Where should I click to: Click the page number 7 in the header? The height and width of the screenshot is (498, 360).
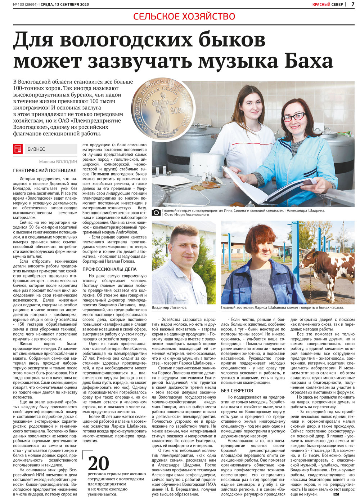(x=353, y=4)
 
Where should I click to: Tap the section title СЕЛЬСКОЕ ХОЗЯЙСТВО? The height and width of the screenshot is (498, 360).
(x=184, y=16)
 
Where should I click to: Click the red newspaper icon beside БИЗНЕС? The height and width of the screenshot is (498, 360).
(x=18, y=149)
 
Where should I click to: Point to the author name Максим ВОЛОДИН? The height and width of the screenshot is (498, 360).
(x=58, y=162)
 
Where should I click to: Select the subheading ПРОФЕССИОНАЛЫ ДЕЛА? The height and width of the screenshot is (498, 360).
(x=109, y=269)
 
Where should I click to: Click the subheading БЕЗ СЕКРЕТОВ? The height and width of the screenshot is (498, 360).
(x=237, y=390)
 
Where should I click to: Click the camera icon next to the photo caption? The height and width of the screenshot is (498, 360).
(x=156, y=212)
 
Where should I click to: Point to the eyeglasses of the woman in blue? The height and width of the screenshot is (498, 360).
(x=294, y=117)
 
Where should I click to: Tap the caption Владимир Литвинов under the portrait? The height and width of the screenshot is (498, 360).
(x=169, y=307)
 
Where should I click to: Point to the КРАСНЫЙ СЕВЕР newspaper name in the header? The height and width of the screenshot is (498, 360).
(x=327, y=4)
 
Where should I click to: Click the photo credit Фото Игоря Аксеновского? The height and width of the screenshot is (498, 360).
(x=186, y=214)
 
